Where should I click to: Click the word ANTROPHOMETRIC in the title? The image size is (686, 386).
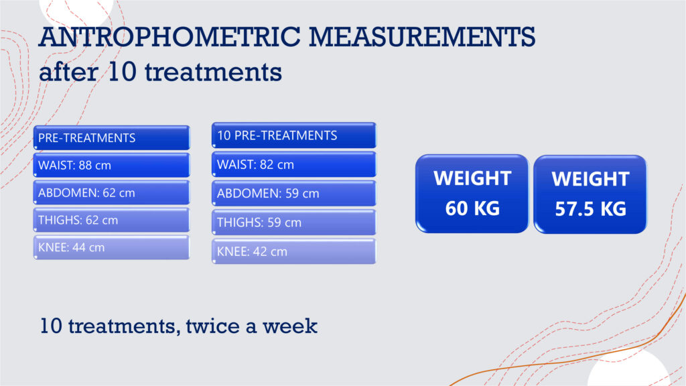(169, 37)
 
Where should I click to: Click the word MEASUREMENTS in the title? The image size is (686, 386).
(422, 37)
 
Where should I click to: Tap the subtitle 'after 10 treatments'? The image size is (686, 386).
(160, 72)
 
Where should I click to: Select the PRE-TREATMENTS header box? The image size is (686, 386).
(112, 138)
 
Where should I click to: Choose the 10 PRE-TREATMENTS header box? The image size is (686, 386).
(294, 135)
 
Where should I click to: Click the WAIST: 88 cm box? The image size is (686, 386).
(112, 166)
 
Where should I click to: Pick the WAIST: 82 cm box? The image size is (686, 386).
(294, 165)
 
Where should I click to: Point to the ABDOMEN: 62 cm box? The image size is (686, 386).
(112, 192)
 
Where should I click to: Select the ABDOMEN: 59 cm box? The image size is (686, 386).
(294, 194)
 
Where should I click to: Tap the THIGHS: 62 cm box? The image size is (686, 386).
(112, 220)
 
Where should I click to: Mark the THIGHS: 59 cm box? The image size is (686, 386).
(294, 222)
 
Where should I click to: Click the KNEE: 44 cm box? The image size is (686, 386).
(112, 248)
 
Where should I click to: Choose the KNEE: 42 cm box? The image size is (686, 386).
(294, 252)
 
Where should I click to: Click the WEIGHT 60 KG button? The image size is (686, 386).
(472, 194)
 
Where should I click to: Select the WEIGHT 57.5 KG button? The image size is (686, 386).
(590, 194)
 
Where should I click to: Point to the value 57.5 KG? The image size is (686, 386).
(591, 209)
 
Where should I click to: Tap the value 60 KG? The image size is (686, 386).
(472, 208)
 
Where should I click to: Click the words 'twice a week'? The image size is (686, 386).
(252, 326)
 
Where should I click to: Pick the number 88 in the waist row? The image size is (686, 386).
(85, 166)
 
